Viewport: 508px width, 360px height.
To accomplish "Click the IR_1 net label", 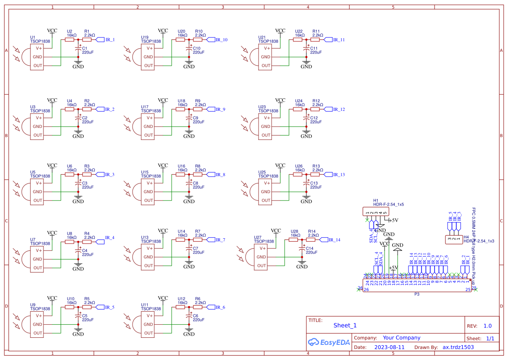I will (x=110, y=40).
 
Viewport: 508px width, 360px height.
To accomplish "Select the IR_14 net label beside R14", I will (x=334, y=240).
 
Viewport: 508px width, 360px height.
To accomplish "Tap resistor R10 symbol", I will (x=198, y=40).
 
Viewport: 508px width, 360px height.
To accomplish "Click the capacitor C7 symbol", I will (x=189, y=251).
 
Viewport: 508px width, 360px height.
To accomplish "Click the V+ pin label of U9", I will (x=38, y=316).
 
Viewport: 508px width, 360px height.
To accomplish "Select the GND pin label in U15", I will (x=149, y=192).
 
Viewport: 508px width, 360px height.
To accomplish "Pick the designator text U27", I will (x=257, y=237).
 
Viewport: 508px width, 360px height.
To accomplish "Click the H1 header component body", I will (x=376, y=212).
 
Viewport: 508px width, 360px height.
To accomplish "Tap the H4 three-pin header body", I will (x=453, y=239).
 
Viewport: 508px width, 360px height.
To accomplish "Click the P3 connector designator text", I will (x=416, y=294).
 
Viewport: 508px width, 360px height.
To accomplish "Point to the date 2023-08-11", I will (x=389, y=347).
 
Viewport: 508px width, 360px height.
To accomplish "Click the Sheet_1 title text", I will (x=345, y=325).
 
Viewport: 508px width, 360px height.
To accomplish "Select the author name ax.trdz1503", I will (x=458, y=347).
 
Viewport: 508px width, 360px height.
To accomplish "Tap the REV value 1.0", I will (x=488, y=326).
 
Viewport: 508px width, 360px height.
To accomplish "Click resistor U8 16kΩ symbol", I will (x=70, y=240).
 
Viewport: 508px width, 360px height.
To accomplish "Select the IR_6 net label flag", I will (x=220, y=307).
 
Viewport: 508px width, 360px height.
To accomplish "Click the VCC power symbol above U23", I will (x=280, y=100).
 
